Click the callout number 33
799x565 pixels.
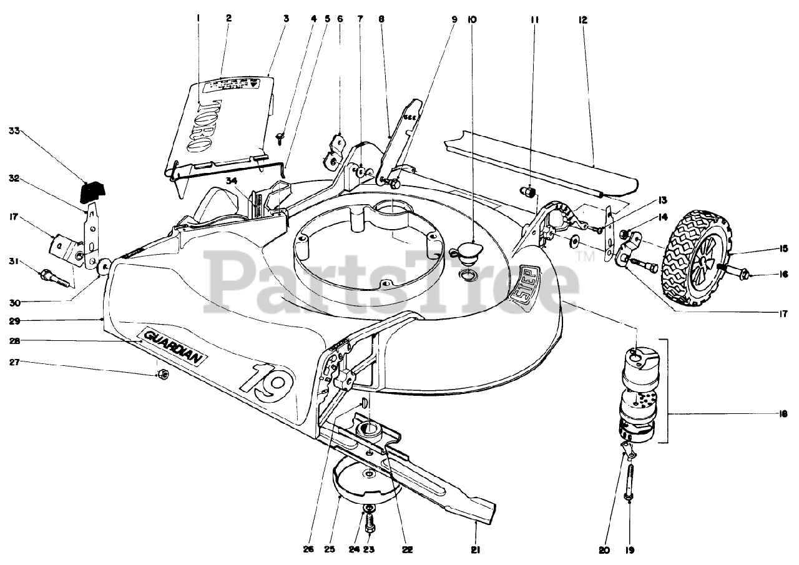tap(14, 131)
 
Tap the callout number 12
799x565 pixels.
tap(583, 20)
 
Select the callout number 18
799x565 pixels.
tap(782, 413)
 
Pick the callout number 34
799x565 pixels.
tap(232, 181)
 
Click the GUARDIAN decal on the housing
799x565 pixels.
tap(175, 346)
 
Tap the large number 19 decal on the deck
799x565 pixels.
tap(264, 379)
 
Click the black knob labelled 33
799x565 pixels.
tap(94, 186)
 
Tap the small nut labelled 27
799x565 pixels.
tap(160, 375)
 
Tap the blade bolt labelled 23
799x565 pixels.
tap(370, 519)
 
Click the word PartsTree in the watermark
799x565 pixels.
tap(393, 284)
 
